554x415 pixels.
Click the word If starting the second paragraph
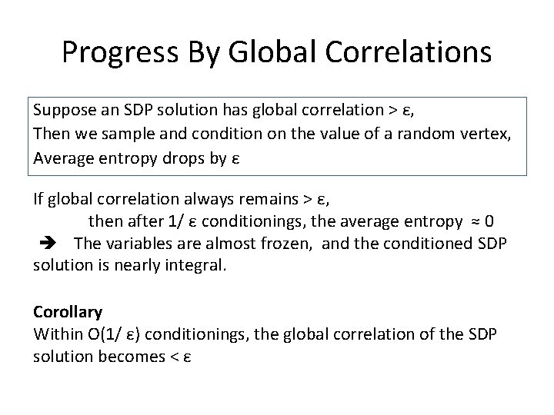[x=38, y=201]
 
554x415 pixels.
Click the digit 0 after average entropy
[x=489, y=221]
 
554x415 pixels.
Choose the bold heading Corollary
[x=68, y=312]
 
